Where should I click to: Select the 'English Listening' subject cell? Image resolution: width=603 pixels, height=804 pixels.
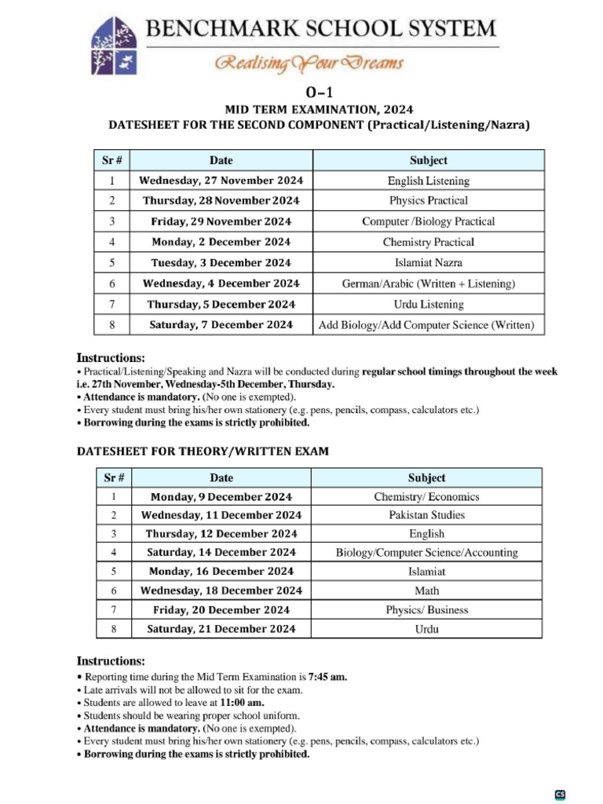428,181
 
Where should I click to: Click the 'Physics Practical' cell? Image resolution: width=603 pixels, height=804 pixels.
428,201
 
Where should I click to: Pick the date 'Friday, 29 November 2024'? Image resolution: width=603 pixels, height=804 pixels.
221,221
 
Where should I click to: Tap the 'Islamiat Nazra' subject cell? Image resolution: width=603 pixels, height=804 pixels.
428,263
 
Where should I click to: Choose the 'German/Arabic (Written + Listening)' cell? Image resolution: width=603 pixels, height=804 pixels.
428,283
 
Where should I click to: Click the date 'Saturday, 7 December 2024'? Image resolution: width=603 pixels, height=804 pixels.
221,324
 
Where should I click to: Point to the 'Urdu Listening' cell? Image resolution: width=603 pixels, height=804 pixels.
428,304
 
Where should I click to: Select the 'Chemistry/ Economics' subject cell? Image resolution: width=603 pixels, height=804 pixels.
426,497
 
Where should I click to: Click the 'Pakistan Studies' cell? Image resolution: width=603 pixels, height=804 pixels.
426,515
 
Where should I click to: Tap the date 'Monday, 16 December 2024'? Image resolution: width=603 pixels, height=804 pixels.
221,572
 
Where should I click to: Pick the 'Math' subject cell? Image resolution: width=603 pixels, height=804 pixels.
426,590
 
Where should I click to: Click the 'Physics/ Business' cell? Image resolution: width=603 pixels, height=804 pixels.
426,609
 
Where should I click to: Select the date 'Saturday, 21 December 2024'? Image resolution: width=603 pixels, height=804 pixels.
221,629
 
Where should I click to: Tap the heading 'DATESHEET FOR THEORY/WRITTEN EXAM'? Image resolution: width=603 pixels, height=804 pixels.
203,451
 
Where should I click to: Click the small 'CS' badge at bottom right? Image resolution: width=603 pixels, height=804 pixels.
560,794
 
